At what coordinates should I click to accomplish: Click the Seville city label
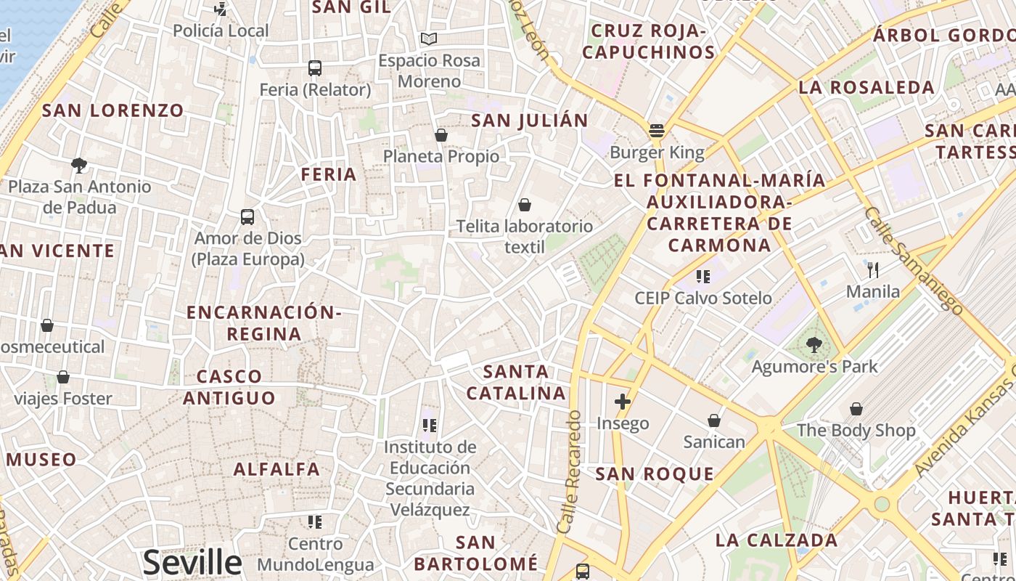192,562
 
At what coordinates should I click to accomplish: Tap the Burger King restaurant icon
657,131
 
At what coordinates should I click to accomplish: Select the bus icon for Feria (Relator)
315,68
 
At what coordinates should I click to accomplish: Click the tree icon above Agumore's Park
814,345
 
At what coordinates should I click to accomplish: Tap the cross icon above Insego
622,401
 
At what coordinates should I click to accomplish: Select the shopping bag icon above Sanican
714,420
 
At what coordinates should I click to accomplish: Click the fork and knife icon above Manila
873,270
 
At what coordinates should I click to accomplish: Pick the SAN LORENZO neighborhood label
113,110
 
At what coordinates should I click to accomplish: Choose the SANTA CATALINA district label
516,382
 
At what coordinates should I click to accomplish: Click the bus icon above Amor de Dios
247,216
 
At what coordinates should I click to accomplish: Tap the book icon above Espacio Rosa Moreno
429,38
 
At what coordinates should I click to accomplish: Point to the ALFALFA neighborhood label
276,469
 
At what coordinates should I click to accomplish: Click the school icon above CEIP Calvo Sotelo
702,276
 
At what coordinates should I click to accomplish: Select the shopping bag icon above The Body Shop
856,409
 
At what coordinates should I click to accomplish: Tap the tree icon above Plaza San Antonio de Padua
79,165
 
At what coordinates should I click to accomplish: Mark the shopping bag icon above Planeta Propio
441,135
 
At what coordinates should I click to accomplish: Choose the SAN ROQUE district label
655,474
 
